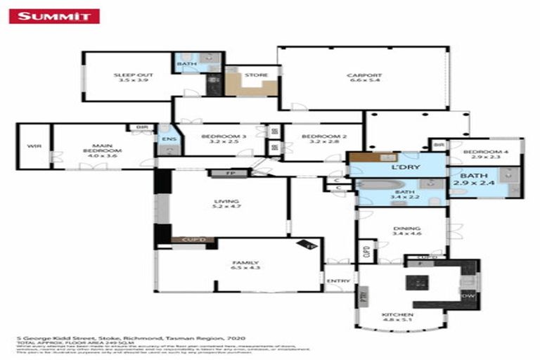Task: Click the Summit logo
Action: click(54, 15)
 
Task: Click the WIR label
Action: click(32, 146)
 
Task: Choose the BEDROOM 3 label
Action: click(214, 139)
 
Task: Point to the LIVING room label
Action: click(226, 203)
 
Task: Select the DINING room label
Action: click(406, 231)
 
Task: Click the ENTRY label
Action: click(338, 281)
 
